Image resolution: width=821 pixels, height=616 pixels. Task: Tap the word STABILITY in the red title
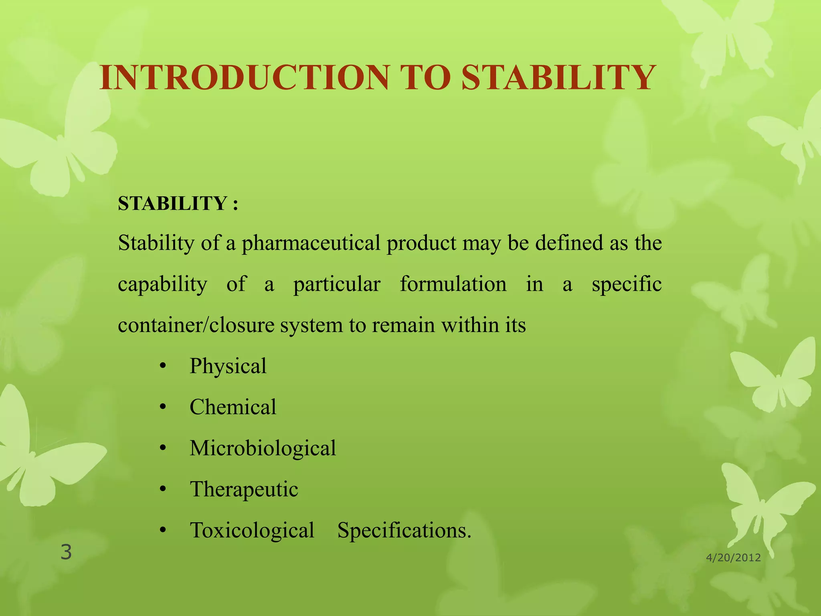[558, 77]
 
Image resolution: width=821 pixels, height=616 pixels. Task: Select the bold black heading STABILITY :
[178, 203]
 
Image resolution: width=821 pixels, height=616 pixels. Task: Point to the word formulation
[453, 284]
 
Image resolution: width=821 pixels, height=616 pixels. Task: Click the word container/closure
[196, 325]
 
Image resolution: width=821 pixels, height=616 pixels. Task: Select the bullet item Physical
[228, 366]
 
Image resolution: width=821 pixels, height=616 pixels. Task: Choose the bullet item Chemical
[233, 407]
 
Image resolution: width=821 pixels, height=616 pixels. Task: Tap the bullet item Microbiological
[263, 448]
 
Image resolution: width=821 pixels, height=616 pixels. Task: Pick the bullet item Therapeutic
[244, 489]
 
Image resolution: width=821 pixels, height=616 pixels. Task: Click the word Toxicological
[252, 530]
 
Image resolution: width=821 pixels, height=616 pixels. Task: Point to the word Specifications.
[404, 531]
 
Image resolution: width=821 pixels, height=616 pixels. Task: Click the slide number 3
[66, 552]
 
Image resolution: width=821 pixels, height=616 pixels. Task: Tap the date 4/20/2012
[733, 558]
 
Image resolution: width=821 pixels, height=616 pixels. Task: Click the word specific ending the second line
[627, 284]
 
